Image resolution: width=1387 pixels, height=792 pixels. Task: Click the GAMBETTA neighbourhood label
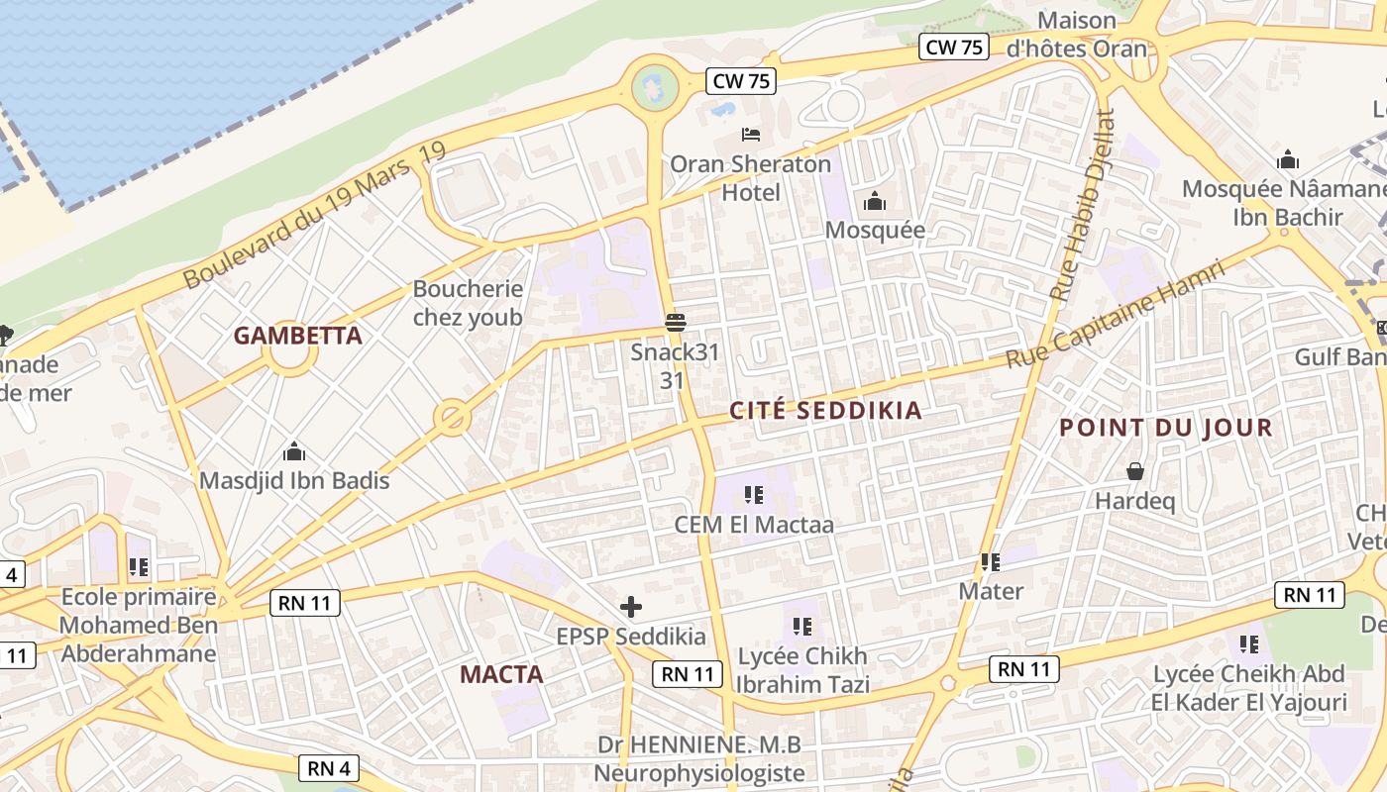[297, 336]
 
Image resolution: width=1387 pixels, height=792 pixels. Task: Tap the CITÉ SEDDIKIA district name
[825, 411]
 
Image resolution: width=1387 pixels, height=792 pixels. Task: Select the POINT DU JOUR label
[1165, 428]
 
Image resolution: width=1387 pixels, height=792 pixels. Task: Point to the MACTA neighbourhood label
[501, 675]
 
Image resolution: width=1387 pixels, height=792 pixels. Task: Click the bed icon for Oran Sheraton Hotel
[751, 135]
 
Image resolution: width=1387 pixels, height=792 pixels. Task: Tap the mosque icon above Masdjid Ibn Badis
[294, 452]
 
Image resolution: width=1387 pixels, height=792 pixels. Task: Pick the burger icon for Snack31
[677, 322]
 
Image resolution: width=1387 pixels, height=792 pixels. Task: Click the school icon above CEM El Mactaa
[754, 495]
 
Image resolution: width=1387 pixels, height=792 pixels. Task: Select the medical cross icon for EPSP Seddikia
[630, 606]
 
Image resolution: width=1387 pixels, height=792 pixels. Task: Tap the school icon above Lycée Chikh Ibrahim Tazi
[802, 627]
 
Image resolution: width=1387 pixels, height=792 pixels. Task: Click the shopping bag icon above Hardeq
[1135, 472]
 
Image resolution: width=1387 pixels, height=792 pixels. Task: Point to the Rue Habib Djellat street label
[1084, 204]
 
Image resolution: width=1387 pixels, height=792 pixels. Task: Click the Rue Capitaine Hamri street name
[1116, 314]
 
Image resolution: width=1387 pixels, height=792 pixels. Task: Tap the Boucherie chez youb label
[468, 303]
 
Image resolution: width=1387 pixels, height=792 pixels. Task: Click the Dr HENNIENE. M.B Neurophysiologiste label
[698, 758]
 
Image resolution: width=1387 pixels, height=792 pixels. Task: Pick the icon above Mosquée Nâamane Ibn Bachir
[1288, 159]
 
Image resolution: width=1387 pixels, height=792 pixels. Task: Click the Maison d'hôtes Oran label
[1076, 35]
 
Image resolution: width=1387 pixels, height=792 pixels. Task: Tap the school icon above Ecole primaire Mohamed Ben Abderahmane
[139, 567]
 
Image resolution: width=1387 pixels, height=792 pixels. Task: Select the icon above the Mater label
[991, 562]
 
